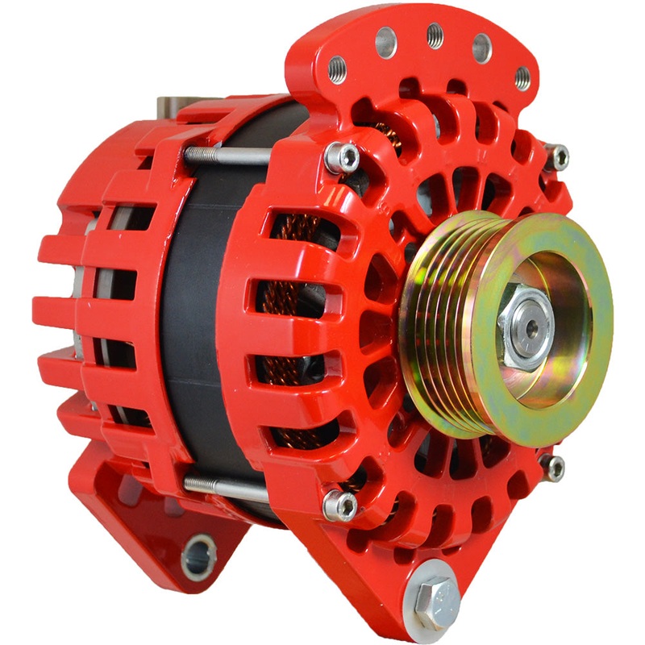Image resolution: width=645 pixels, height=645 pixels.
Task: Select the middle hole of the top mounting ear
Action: click(x=435, y=34)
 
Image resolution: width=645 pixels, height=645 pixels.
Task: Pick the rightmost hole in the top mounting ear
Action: click(x=522, y=77)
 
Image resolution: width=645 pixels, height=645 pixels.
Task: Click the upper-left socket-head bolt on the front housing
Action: click(x=341, y=157)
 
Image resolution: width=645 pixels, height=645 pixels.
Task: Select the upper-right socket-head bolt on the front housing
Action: click(x=556, y=156)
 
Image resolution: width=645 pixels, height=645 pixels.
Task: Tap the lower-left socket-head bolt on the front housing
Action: click(x=339, y=505)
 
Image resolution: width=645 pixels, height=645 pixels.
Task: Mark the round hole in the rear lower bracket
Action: click(x=199, y=556)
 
